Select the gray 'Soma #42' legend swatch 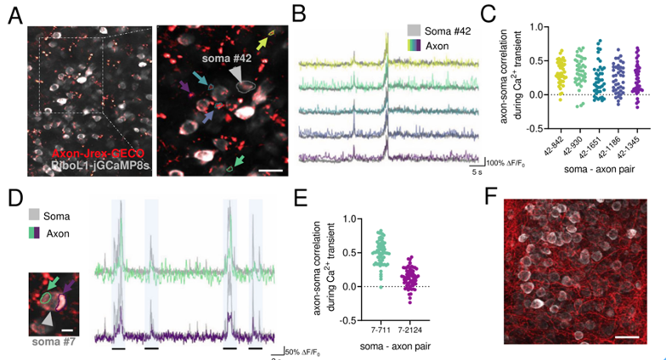414,28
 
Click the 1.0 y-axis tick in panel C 511,27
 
